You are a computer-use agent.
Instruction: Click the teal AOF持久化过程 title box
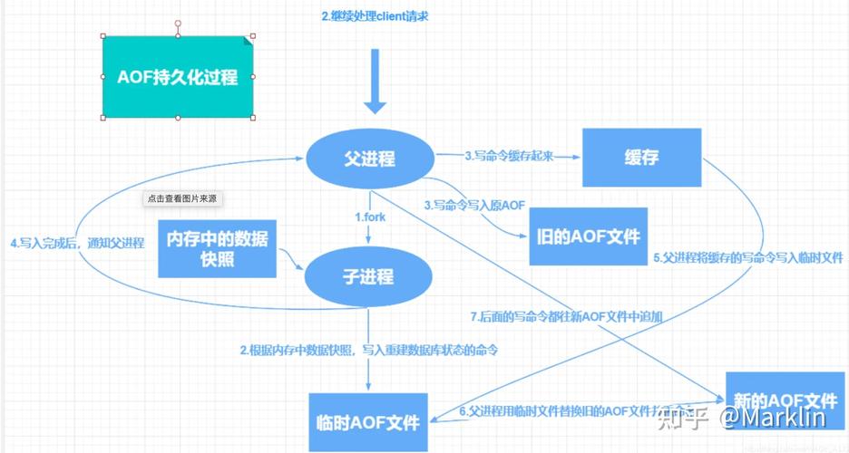pyautogui.click(x=177, y=77)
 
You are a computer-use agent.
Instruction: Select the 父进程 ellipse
pyautogui.click(x=369, y=159)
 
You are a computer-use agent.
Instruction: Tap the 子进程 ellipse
pyautogui.click(x=368, y=276)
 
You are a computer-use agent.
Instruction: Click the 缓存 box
pyautogui.click(x=641, y=158)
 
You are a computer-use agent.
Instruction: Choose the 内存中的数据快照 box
pyautogui.click(x=218, y=249)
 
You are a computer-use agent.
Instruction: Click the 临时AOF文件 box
pyautogui.click(x=369, y=422)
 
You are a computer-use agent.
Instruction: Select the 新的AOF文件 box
pyautogui.click(x=785, y=401)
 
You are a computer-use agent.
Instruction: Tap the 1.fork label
pyautogui.click(x=370, y=217)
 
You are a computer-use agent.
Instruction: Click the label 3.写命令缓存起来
pyautogui.click(x=508, y=156)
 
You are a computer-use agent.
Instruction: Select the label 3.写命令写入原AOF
pyautogui.click(x=474, y=205)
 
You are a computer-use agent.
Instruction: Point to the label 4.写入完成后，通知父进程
pyautogui.click(x=77, y=243)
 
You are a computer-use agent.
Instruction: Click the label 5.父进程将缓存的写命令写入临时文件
pyautogui.click(x=748, y=257)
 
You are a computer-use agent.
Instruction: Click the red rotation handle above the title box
pyautogui.click(x=178, y=22)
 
